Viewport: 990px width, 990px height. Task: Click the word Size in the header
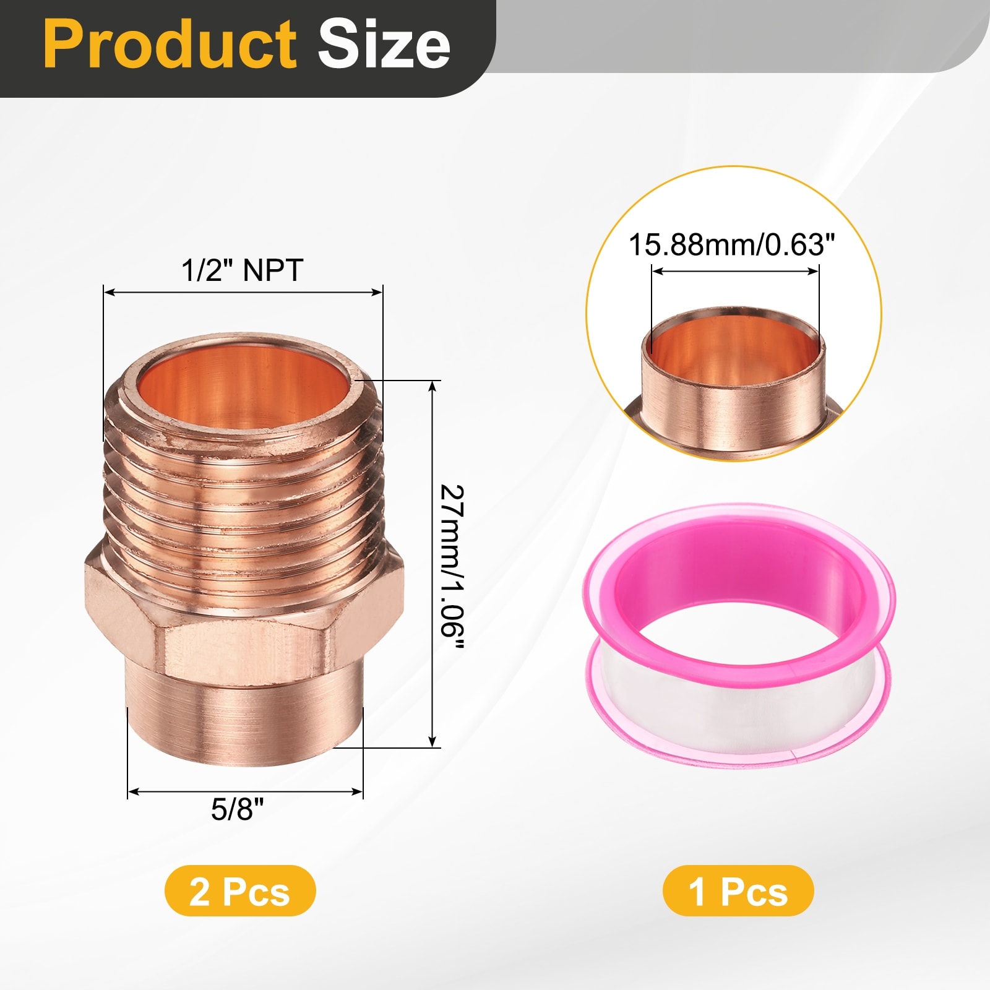coord(384,45)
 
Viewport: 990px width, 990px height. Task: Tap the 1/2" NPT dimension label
coord(242,270)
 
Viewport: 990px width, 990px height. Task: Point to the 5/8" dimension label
coord(237,809)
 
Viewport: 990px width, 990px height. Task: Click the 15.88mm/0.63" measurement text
coord(732,244)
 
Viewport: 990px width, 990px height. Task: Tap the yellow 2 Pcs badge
coord(240,891)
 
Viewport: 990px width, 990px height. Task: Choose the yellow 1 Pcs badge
coord(738,891)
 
